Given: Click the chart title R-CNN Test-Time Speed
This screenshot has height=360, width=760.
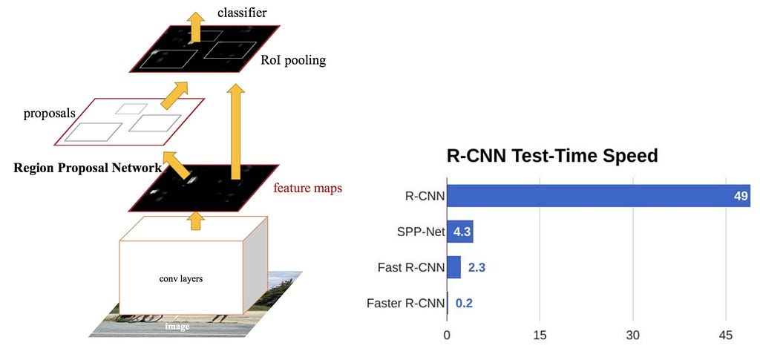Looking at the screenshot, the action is click(552, 157).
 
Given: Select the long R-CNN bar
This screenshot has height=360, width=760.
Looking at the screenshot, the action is click(599, 196).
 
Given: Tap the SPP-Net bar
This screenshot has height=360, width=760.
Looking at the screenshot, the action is click(460, 232).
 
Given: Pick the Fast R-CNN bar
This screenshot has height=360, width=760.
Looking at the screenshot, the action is click(453, 267).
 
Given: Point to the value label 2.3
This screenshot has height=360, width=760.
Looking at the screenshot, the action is click(476, 267).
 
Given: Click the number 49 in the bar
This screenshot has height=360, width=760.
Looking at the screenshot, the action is click(741, 196).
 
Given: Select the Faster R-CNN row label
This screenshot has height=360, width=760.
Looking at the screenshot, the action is click(406, 304).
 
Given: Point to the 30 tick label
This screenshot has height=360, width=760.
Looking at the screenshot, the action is click(633, 336).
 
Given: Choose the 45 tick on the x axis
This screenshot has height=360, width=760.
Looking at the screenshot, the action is click(726, 336).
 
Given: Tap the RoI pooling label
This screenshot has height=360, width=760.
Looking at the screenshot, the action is click(293, 61).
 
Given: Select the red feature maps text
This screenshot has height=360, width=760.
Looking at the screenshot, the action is click(308, 188).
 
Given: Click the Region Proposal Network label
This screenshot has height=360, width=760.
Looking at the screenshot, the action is click(88, 168).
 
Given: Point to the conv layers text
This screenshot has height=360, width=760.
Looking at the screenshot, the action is click(181, 279).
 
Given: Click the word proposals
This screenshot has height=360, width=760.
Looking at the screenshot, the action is click(50, 114).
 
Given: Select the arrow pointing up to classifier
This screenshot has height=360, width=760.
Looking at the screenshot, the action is click(196, 27).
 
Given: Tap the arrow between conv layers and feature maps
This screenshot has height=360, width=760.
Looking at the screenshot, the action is click(196, 220).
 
